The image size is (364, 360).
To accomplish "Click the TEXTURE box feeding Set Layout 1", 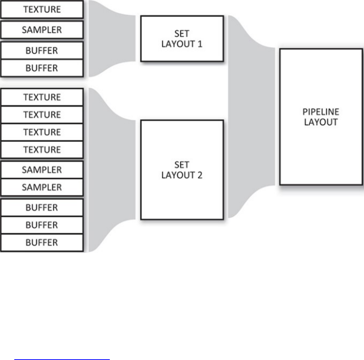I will click(x=42, y=10).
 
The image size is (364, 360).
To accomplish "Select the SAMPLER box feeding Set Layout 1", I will click(x=42, y=30).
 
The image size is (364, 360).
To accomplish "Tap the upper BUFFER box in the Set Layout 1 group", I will click(x=42, y=51).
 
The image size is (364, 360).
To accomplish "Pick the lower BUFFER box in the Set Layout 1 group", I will click(x=42, y=68).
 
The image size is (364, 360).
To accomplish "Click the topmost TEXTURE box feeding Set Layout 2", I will click(x=42, y=97).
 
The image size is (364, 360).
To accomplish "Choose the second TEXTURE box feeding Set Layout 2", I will click(x=42, y=115).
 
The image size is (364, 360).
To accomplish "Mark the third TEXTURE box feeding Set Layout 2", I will click(x=42, y=132).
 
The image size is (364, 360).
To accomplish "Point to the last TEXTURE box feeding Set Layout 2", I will click(x=42, y=150).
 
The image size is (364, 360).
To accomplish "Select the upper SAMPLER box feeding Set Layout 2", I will click(x=42, y=170).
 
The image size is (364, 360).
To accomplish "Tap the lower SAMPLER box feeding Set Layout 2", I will click(x=42, y=187).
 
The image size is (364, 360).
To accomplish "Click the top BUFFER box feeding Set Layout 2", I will click(x=42, y=208).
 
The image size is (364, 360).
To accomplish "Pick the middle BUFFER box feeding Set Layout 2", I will click(x=42, y=225).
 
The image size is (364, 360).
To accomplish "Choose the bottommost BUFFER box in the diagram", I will click(x=42, y=243).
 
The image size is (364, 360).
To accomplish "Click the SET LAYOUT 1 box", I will click(x=182, y=39).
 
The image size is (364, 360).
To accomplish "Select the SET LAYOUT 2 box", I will click(x=182, y=170).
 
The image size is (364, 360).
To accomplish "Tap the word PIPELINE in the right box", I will click(x=321, y=112).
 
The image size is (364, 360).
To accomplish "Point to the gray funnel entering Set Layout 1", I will click(x=111, y=38).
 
